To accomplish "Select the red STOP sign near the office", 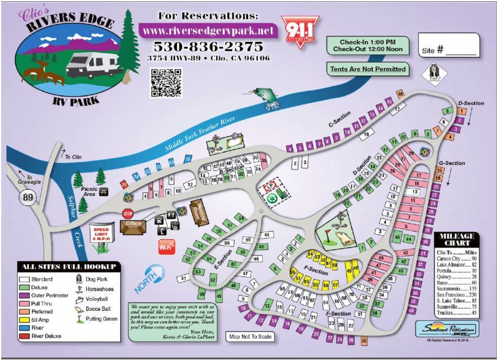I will click(x=128, y=214).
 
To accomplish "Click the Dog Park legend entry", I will click(x=92, y=278).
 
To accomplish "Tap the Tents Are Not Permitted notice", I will click(x=367, y=69).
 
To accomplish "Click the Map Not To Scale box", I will click(x=250, y=337).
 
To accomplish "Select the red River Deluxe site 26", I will click(x=123, y=184).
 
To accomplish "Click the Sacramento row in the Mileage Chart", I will click(x=458, y=287).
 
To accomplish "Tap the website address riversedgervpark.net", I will click(x=208, y=29).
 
